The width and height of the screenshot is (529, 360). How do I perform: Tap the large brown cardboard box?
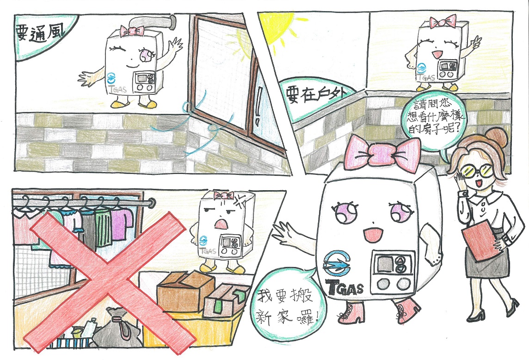185,292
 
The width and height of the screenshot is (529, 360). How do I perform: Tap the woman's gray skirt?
486,260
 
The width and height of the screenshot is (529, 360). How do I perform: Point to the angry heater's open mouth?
221,224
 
